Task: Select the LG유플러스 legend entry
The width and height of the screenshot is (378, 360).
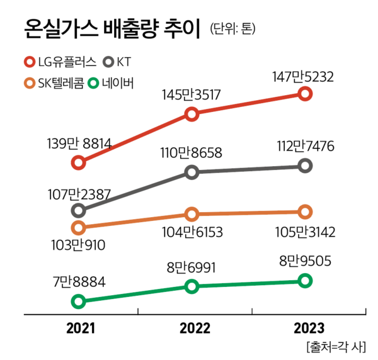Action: [60, 62]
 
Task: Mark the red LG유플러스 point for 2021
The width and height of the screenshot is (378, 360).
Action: [78, 162]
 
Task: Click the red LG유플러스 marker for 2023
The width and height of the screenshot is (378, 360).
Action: [305, 94]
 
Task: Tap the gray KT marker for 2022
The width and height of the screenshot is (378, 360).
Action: [192, 172]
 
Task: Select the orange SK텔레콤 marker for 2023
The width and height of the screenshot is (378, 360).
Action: [305, 212]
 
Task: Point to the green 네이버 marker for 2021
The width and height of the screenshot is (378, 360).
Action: [78, 301]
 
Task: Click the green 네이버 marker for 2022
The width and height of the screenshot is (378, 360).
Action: [192, 286]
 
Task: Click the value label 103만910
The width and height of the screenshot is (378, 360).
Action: [78, 245]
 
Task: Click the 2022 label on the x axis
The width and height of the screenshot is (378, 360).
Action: [192, 328]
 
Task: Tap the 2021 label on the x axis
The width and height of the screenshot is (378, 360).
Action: [78, 328]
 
